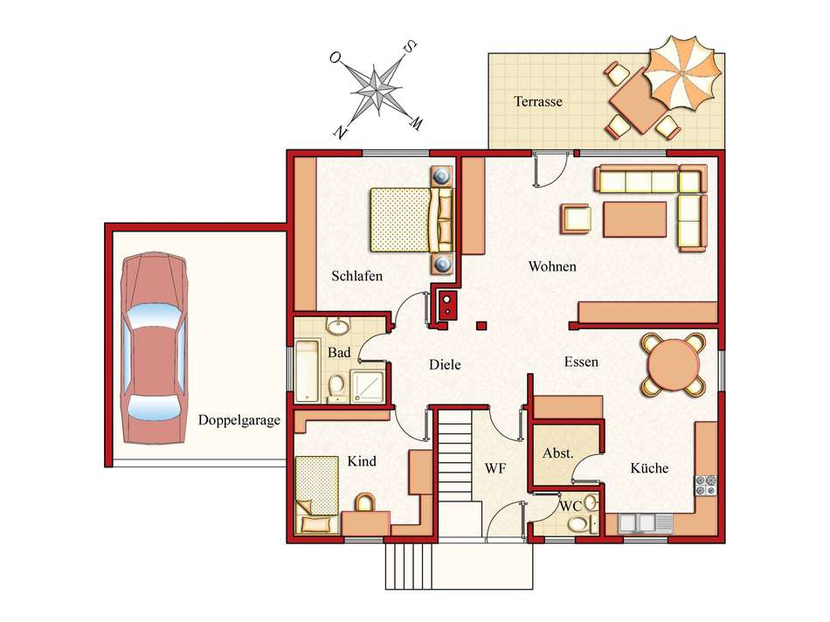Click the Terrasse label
[x=538, y=101]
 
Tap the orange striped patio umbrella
[x=684, y=73]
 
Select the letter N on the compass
[x=341, y=132]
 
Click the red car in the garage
[x=154, y=348]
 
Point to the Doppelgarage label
[x=239, y=420]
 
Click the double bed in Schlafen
[x=412, y=219]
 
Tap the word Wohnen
[x=552, y=266]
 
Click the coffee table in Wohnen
[x=634, y=219]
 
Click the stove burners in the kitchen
[x=706, y=486]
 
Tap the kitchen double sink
[x=637, y=523]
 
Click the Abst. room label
[x=558, y=453]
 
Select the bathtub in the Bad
[x=307, y=371]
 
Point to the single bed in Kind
[x=317, y=495]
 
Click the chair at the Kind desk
[x=364, y=501]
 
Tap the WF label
[x=495, y=468]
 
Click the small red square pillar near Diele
[x=481, y=326]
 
